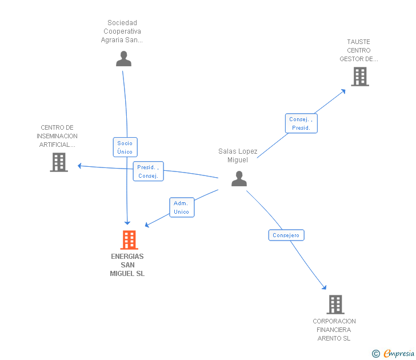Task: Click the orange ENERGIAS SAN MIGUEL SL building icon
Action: pyautogui.click(x=130, y=240)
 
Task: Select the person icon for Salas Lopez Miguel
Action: pyautogui.click(x=239, y=179)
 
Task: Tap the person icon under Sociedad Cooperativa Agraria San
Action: pyautogui.click(x=123, y=59)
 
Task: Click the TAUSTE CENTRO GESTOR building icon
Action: pyautogui.click(x=359, y=77)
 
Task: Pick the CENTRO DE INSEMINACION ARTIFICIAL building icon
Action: pyautogui.click(x=59, y=162)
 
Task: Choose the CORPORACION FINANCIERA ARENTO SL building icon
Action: pyautogui.click(x=335, y=305)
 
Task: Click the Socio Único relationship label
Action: pyautogui.click(x=125, y=147)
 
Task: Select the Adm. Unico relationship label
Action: pyautogui.click(x=182, y=207)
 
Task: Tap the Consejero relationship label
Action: pyautogui.click(x=286, y=235)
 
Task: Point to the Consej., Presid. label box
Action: pyautogui.click(x=301, y=123)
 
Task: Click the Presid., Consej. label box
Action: pyautogui.click(x=149, y=171)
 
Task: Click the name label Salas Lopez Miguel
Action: pyautogui.click(x=238, y=155)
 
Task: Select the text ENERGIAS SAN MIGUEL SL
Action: pyautogui.click(x=127, y=265)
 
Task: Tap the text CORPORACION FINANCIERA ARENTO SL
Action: pyautogui.click(x=334, y=330)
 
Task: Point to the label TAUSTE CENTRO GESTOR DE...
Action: pyautogui.click(x=359, y=50)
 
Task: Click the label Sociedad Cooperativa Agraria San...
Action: pyautogui.click(x=122, y=31)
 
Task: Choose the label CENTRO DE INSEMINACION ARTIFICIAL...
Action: pyautogui.click(x=57, y=136)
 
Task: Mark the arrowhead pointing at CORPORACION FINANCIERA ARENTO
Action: pyautogui.click(x=324, y=287)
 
